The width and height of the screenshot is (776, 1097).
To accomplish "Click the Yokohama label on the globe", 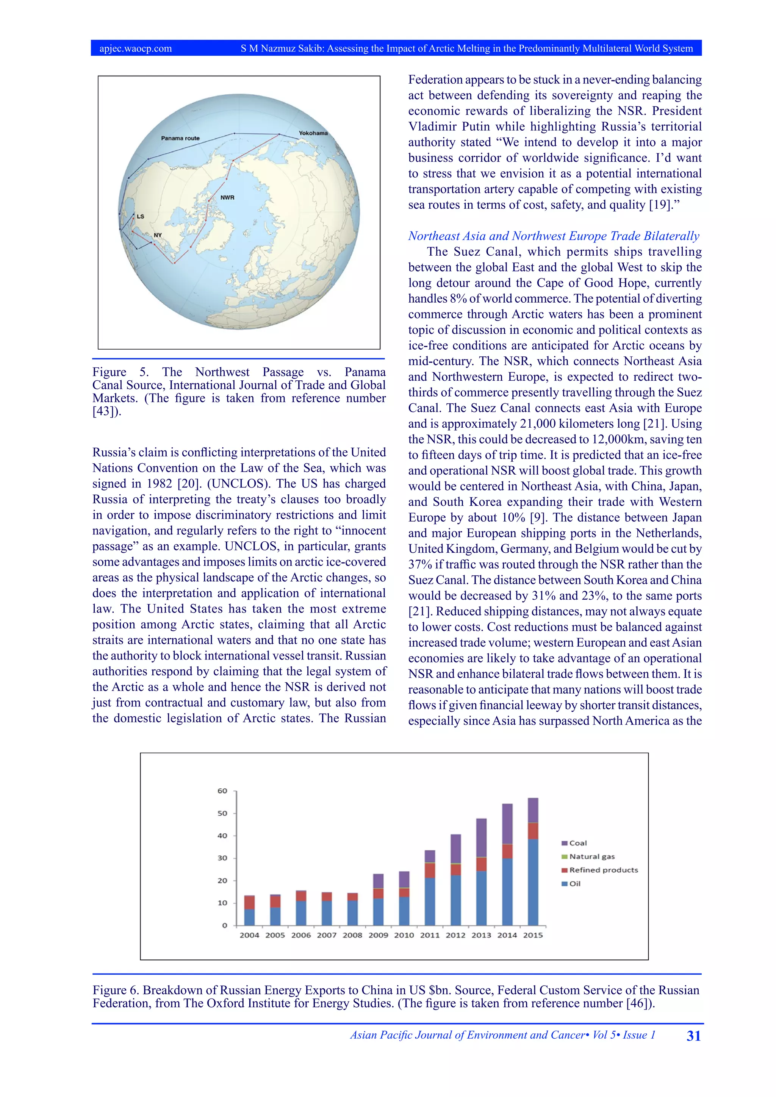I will (313, 133).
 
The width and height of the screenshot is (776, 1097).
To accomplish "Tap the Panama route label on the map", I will (180, 138).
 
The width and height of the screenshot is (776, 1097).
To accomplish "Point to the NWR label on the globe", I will (227, 197).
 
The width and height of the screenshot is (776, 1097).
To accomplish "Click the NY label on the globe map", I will (158, 235).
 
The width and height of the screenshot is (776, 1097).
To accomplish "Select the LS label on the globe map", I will (141, 216).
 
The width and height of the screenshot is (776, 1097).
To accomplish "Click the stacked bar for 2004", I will (249, 910).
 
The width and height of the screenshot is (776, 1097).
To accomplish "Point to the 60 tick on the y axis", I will (223, 791).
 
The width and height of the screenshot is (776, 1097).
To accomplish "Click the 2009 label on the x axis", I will (378, 935).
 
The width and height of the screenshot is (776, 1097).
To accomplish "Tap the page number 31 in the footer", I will (693, 1036).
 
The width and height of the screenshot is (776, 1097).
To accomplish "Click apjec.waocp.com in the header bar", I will (136, 48).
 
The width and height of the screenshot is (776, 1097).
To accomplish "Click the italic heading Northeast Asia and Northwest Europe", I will (553, 236).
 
